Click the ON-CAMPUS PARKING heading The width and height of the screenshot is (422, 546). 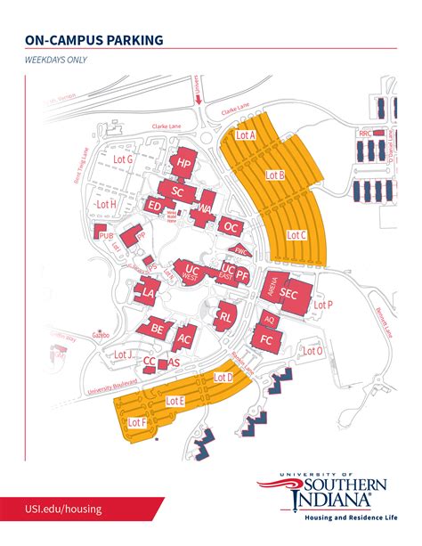pyautogui.click(x=93, y=39)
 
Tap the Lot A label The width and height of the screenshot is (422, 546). pyautogui.click(x=246, y=135)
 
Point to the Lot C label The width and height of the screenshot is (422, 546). pyautogui.click(x=296, y=235)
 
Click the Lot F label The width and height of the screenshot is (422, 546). pyautogui.click(x=137, y=422)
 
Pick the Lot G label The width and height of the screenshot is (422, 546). pyautogui.click(x=123, y=159)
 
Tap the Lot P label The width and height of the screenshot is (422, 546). pyautogui.click(x=324, y=305)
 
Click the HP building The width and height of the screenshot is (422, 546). pyautogui.click(x=184, y=164)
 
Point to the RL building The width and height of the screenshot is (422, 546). pyautogui.click(x=226, y=315)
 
